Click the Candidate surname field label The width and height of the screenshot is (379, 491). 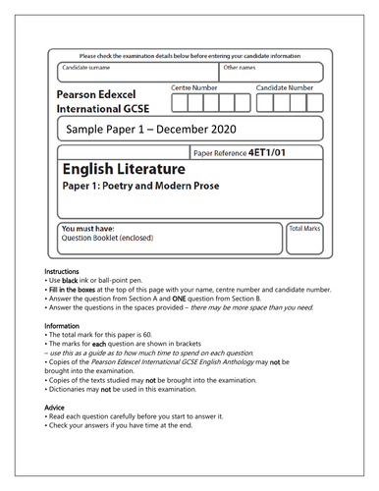tap(84, 68)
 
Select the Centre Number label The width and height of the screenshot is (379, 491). tap(194, 88)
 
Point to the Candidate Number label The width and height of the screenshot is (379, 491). tap(285, 88)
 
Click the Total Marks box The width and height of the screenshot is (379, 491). tap(304, 241)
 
